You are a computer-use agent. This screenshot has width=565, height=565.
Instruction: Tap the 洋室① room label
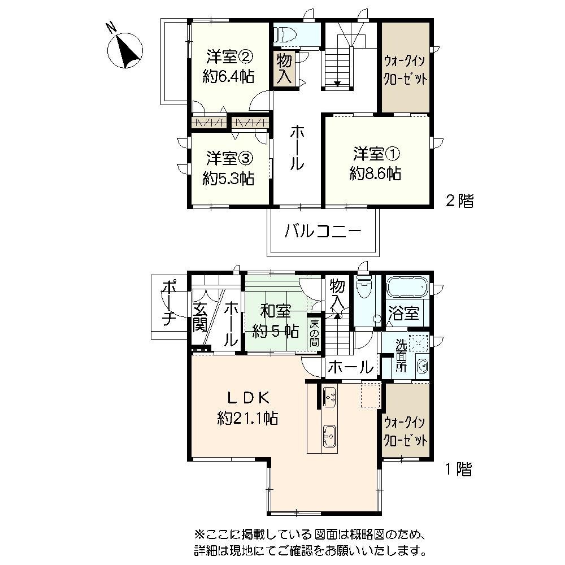tap(376, 153)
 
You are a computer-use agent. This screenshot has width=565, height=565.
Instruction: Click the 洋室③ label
tap(228, 157)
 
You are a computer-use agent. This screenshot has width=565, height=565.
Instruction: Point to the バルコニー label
tap(323, 232)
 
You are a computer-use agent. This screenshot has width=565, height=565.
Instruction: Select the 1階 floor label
tap(458, 469)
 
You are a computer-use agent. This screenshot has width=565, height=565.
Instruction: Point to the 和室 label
tap(275, 311)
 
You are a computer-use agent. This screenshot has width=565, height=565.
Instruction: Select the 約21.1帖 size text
tap(247, 418)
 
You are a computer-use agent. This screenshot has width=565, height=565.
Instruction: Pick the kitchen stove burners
tap(330, 397)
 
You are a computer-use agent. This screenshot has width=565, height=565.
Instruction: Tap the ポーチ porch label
tap(168, 303)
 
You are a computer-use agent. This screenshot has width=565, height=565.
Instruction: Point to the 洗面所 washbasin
tap(421, 366)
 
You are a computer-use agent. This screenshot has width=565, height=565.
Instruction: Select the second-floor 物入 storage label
tap(285, 68)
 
